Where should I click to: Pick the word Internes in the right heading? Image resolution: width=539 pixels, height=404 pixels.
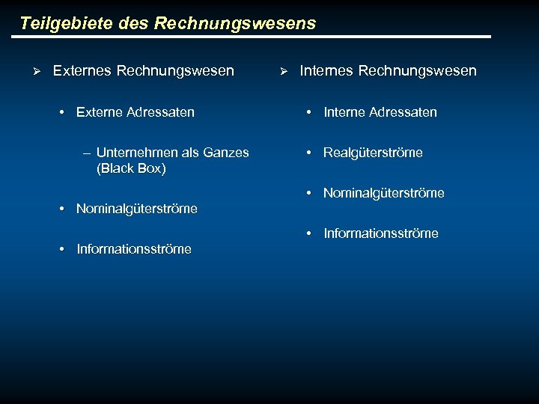click(326, 71)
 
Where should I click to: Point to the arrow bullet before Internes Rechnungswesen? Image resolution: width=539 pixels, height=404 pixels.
click(283, 72)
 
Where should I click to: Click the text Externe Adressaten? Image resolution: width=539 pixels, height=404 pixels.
click(135, 112)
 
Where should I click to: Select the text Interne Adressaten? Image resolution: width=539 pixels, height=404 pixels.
click(380, 112)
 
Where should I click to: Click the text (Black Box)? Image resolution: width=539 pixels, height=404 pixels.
click(132, 168)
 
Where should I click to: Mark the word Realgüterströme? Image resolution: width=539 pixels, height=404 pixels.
click(373, 153)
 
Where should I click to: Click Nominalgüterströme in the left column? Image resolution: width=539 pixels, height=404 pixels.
click(137, 209)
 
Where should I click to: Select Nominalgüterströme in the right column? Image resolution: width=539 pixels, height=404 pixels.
click(384, 193)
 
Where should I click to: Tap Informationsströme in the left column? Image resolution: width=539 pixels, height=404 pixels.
click(134, 249)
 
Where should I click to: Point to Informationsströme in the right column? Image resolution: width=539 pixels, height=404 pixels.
click(381, 233)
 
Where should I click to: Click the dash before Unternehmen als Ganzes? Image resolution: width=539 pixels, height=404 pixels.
click(87, 153)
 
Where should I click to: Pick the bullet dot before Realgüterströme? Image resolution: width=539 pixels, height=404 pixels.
click(308, 153)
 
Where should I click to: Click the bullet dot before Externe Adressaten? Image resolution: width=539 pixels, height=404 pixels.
click(61, 112)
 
